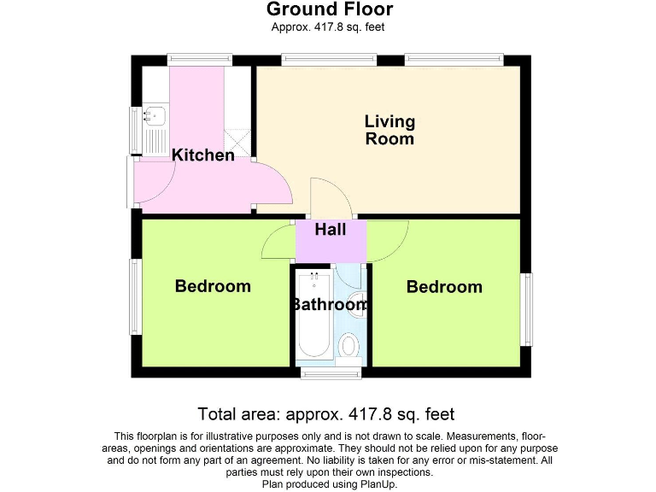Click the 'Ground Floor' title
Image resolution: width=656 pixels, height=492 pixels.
point(329,10)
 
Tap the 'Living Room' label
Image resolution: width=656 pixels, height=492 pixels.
point(389,130)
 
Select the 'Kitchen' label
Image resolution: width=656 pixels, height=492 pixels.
point(203,155)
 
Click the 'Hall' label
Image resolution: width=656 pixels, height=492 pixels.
point(331,230)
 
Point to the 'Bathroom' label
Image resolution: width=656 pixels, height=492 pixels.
point(330,304)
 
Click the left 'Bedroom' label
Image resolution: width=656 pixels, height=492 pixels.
point(213,286)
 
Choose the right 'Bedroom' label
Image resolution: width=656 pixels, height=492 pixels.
point(444,287)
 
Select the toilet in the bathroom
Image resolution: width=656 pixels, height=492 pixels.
point(348,346)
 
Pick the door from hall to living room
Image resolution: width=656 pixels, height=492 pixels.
point(329,198)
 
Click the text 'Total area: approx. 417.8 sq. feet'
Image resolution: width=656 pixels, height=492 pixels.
point(326,414)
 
